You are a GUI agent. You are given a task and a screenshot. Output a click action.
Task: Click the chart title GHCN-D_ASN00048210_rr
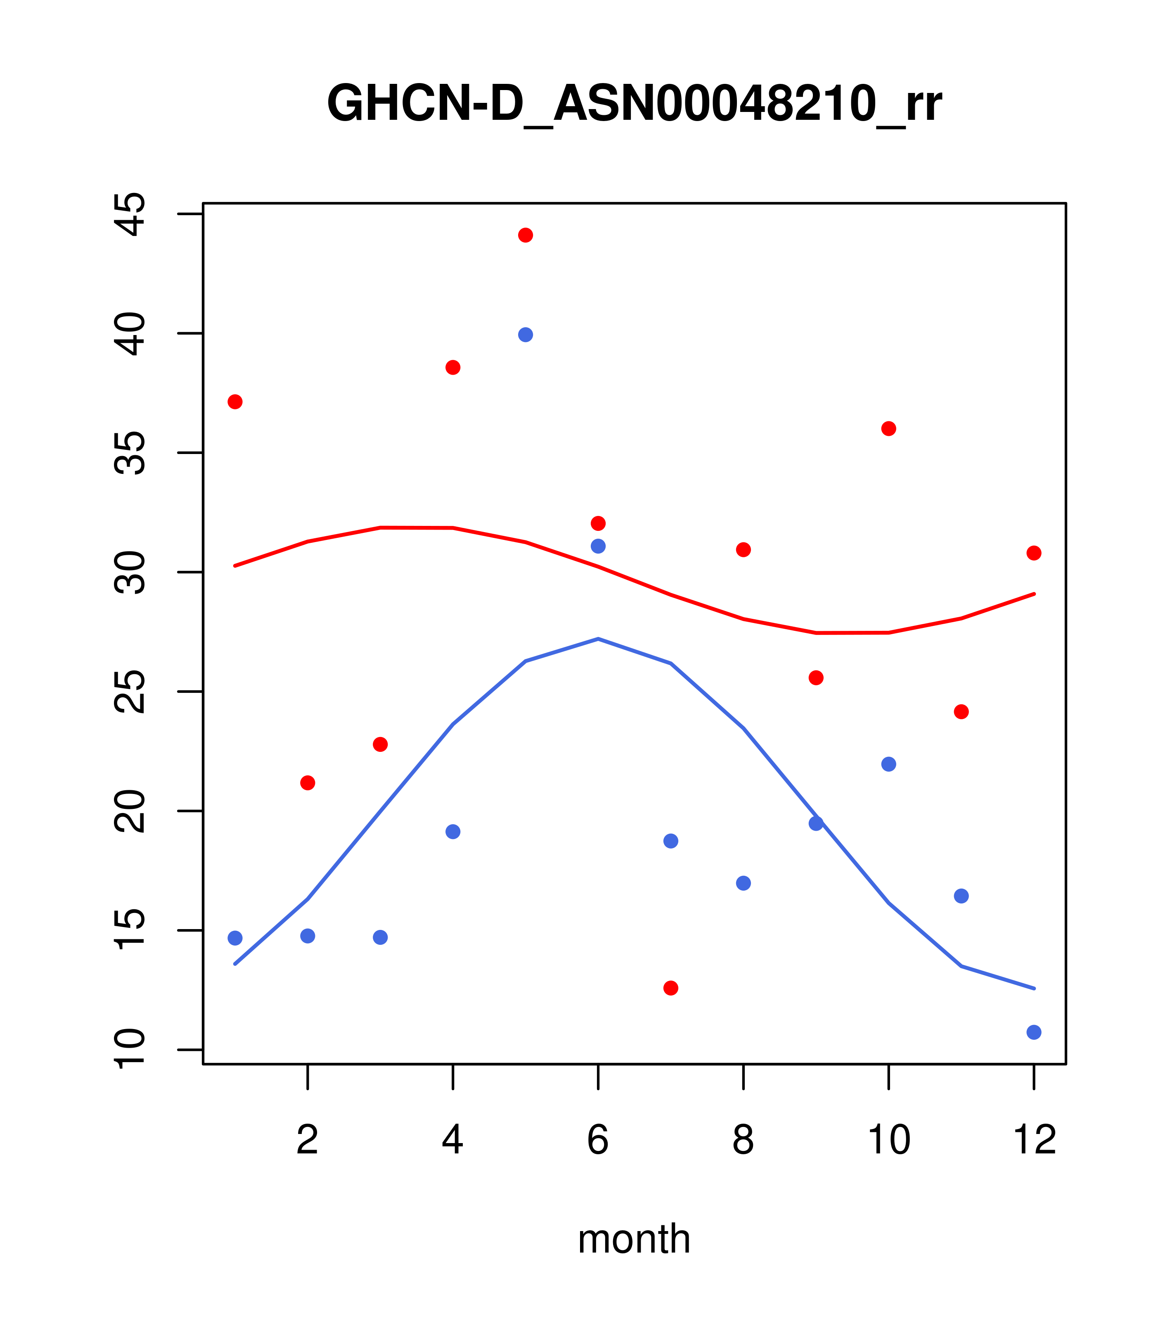(x=634, y=104)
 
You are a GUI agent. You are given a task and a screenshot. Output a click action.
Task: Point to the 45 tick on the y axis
(x=129, y=214)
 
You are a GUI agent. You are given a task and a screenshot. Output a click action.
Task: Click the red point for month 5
(x=526, y=235)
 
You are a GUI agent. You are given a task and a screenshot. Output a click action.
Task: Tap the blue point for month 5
(x=526, y=335)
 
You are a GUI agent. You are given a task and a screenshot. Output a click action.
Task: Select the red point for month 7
(x=671, y=989)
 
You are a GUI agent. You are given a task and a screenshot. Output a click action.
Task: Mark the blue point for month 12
(x=1034, y=1033)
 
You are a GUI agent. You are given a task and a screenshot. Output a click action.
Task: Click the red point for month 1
(x=235, y=402)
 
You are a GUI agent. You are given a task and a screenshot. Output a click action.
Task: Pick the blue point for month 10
(x=888, y=764)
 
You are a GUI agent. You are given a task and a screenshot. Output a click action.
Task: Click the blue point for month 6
(x=598, y=547)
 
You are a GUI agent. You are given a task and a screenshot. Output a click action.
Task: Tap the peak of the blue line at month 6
(x=598, y=639)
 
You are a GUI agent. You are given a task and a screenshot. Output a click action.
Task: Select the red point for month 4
(x=453, y=367)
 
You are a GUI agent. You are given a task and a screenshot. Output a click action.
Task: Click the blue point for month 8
(x=744, y=883)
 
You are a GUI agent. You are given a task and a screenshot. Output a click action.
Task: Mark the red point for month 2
(x=308, y=783)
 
